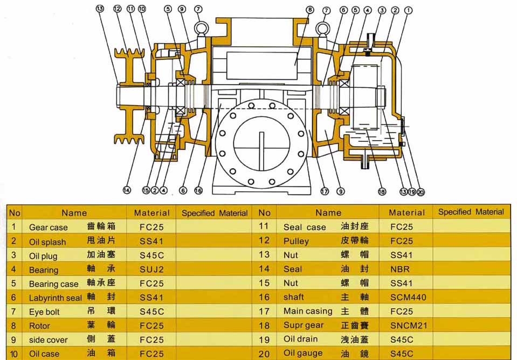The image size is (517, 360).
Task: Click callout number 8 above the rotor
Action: [309, 9]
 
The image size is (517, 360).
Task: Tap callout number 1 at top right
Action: [408, 9]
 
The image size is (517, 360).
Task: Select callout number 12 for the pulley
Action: [117, 9]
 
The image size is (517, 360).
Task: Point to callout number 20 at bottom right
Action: [421, 191]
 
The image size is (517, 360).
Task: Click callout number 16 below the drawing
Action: [198, 190]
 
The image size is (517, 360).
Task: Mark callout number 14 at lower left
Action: [127, 190]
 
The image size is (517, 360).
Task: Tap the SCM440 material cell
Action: [408, 297]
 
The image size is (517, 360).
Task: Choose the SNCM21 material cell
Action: [408, 325]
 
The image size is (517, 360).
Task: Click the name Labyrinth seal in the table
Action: [56, 297]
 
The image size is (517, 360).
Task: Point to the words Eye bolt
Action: [44, 311]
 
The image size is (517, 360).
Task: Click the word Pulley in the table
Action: [296, 241]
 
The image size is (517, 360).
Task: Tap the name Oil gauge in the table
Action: [303, 353]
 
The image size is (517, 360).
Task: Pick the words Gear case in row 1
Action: [49, 227]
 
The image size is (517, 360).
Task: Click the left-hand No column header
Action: [15, 213]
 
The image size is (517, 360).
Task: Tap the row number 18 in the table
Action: [264, 325]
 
